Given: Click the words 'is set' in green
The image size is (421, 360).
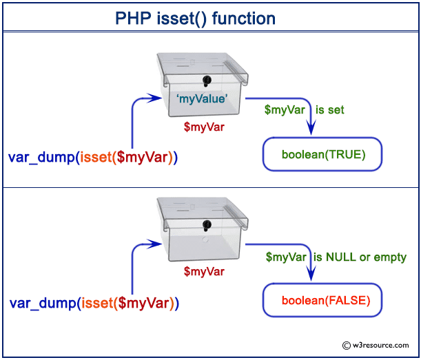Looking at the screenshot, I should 330,109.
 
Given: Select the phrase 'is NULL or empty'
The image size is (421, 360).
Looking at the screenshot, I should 360,257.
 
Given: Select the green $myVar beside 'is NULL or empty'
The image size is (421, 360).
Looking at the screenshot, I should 287,257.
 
